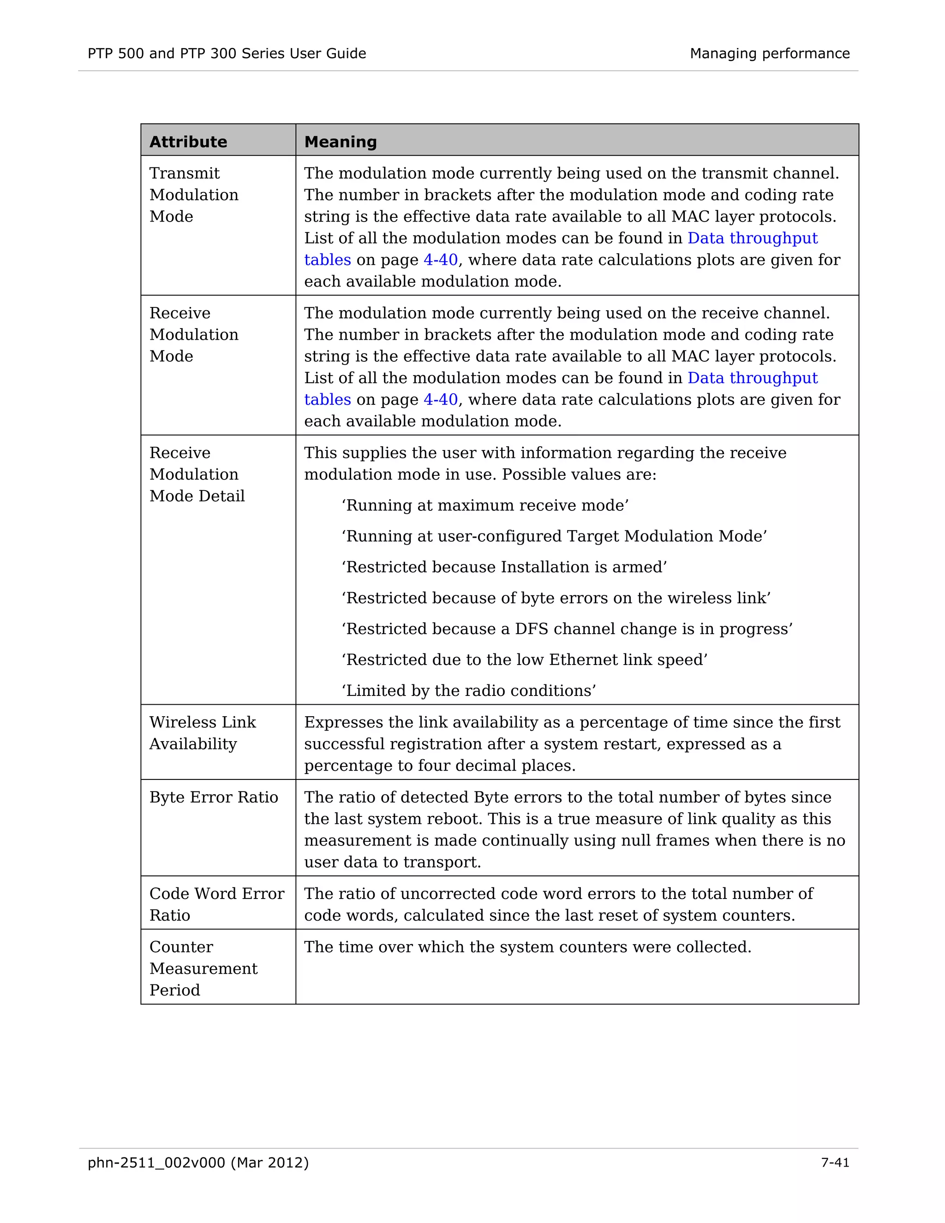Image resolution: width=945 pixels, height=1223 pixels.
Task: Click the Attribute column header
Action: (188, 142)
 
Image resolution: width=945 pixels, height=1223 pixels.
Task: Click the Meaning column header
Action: (341, 142)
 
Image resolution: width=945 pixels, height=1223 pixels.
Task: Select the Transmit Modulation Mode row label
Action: (194, 195)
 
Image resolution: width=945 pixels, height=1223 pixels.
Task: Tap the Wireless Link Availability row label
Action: (202, 733)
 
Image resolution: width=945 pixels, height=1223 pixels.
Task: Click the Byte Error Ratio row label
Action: (213, 797)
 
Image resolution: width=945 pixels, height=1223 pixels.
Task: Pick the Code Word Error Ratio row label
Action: (217, 905)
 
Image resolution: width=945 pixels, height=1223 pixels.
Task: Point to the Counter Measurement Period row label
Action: (203, 969)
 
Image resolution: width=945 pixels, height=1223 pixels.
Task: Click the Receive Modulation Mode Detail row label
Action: (197, 474)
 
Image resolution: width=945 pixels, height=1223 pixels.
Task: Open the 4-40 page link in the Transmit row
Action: (441, 260)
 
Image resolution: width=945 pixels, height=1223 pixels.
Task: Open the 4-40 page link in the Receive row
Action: (441, 400)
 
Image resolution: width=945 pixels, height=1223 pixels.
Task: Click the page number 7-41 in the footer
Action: (835, 1163)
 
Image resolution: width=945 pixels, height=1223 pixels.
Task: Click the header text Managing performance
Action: (769, 54)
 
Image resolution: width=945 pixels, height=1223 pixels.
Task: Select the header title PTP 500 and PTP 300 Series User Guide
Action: (227, 54)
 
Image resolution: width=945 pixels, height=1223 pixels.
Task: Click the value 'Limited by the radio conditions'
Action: (469, 691)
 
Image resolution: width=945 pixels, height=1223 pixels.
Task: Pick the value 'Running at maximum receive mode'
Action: (485, 506)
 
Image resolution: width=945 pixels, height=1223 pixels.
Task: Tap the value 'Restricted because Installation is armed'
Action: (504, 567)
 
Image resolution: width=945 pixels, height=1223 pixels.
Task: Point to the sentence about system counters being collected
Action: (527, 947)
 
